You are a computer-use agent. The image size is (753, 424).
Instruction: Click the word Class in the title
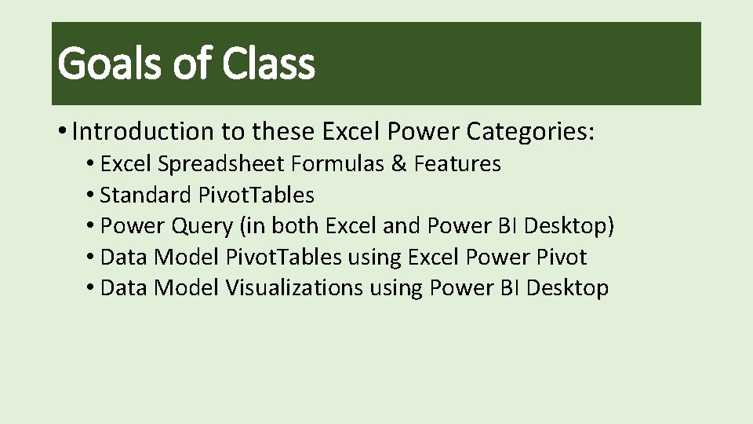[x=268, y=64]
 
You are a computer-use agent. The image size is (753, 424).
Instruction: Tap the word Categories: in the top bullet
[x=530, y=132]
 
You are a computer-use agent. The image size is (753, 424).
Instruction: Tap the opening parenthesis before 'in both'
[x=244, y=226]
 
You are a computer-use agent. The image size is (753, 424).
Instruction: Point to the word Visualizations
[x=294, y=288]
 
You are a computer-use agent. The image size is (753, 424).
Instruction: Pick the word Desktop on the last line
[x=567, y=288]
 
